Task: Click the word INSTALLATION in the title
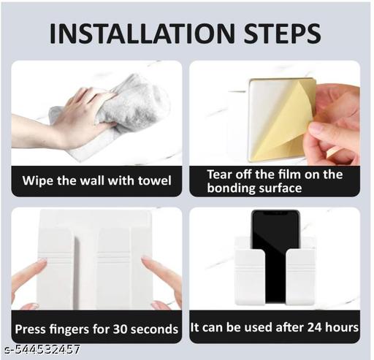coord(142,34)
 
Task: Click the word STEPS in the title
coord(282,34)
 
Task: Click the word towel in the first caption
coord(155,180)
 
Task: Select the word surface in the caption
coord(280,188)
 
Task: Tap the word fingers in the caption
coord(69,329)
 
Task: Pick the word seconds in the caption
coord(155,329)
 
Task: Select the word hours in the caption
coord(342,327)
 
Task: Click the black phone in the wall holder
coord(275,256)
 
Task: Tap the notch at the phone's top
coord(275,212)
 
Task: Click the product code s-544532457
coord(42,350)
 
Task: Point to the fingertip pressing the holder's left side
coord(42,262)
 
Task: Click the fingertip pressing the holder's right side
coord(147,262)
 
